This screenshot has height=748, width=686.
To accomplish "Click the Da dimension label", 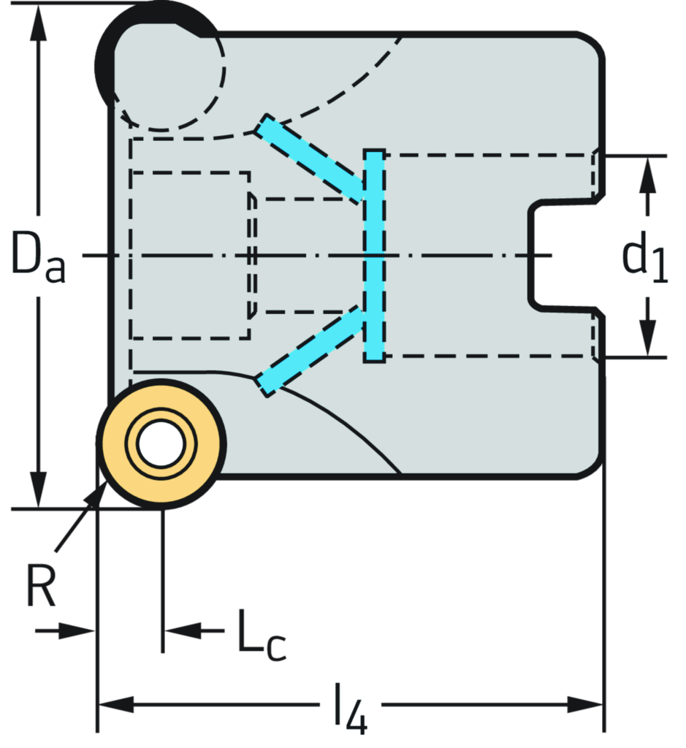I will tap(38, 255).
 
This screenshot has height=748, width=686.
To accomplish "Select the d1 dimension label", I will tap(644, 256).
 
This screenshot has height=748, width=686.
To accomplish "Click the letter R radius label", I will tap(41, 584).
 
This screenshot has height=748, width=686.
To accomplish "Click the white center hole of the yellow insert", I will tap(161, 443).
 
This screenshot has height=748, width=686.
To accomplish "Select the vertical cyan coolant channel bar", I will tap(374, 255).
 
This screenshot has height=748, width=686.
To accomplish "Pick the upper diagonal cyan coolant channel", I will tap(312, 157).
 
